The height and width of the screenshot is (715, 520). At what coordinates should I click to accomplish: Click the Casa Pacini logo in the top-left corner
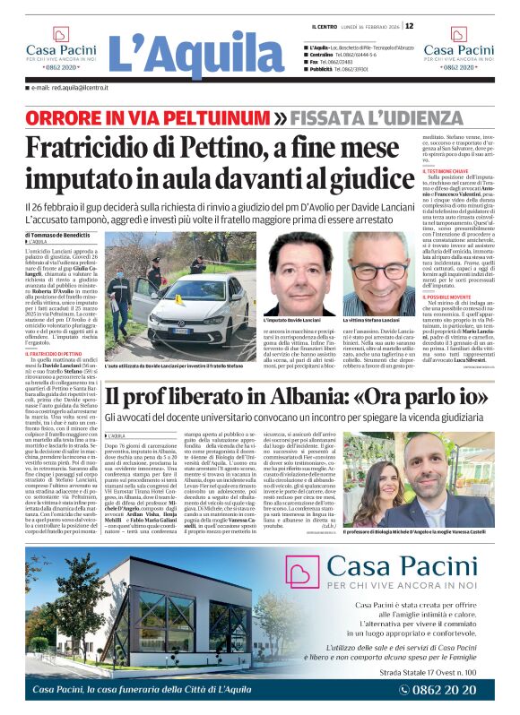[61, 49]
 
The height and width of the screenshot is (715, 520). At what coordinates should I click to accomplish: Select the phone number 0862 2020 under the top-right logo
[459, 67]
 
